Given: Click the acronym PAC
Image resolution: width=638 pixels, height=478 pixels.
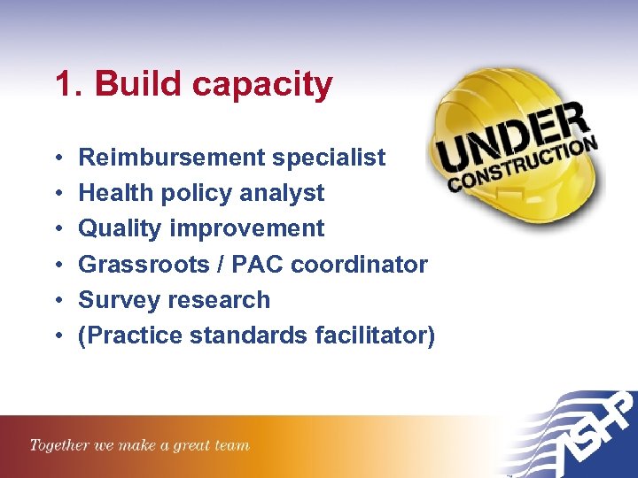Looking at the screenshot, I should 257,264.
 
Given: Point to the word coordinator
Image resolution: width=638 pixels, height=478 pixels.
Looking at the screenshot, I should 359,264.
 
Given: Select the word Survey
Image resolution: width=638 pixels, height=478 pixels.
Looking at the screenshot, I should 115,300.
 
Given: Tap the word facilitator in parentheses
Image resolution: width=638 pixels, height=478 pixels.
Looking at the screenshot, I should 373,335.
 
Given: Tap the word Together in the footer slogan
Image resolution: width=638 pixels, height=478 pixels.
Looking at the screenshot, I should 59,445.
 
